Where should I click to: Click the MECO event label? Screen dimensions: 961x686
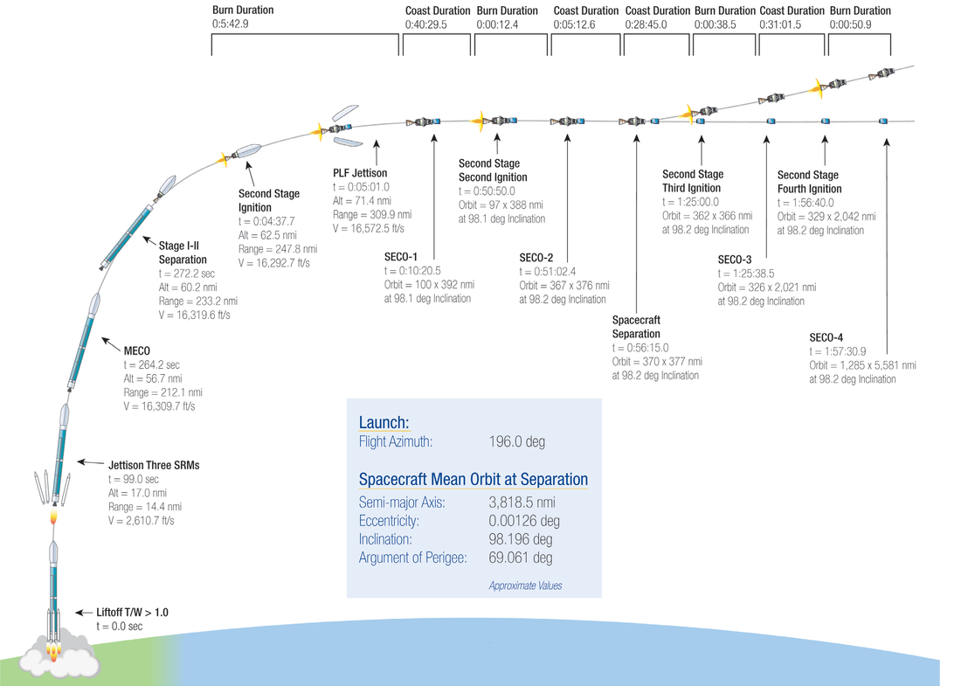136,350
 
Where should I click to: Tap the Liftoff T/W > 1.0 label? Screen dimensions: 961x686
132,613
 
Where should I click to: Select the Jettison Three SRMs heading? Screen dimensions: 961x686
154,465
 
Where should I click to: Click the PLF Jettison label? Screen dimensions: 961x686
360,173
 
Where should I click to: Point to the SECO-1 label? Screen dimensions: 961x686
401,257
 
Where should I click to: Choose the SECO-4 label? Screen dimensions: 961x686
826,338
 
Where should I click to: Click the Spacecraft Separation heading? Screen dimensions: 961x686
636,327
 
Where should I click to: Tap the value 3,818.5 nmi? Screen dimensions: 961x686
522,502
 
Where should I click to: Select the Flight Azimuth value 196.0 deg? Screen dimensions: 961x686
516,441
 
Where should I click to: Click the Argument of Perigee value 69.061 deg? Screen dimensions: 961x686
521,558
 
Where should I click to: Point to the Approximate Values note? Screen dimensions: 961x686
525,586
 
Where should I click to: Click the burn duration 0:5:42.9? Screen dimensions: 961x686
231,24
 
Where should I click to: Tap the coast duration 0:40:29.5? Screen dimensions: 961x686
426,24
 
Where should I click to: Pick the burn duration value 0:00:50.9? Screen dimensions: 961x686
851,24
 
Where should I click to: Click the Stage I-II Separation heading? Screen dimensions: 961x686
183,253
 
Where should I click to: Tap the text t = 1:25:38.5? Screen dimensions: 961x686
746,274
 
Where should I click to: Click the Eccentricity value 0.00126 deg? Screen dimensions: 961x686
524,521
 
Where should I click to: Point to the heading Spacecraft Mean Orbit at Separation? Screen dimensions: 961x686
474,480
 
